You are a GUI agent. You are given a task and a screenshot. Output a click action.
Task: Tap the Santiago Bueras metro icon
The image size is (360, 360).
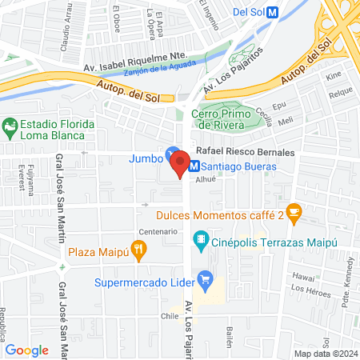pos(193,166)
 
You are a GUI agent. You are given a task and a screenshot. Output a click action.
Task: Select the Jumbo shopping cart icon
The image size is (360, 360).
pos(171,153)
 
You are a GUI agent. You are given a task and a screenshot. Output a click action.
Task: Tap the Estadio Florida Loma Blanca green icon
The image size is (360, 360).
pos(10,126)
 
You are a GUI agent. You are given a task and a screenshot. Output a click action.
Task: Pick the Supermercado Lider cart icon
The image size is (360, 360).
pos(206,279)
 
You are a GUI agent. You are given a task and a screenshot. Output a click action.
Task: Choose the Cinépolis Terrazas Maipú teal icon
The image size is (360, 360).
pos(199,239)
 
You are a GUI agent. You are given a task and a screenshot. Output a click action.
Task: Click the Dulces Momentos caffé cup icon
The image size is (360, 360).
pos(294,212)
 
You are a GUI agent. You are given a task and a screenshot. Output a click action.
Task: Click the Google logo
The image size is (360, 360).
pos(27,350)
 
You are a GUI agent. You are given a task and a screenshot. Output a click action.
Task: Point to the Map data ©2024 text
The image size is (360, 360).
pos(324,354)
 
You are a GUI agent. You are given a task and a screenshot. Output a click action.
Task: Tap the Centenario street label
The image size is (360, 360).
pos(158,231)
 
